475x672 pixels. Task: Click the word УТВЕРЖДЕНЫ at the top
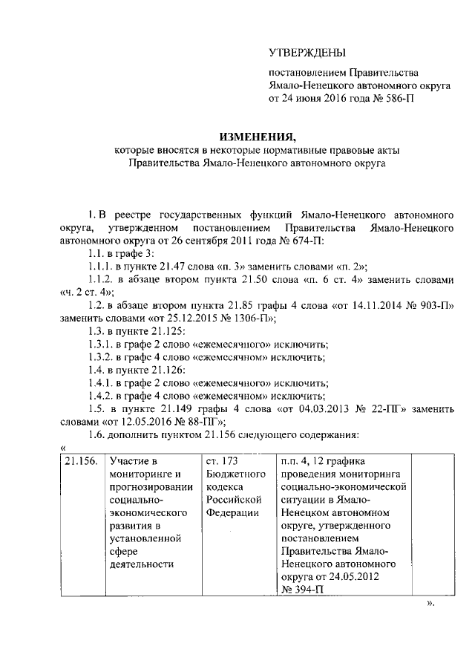coord(307,52)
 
